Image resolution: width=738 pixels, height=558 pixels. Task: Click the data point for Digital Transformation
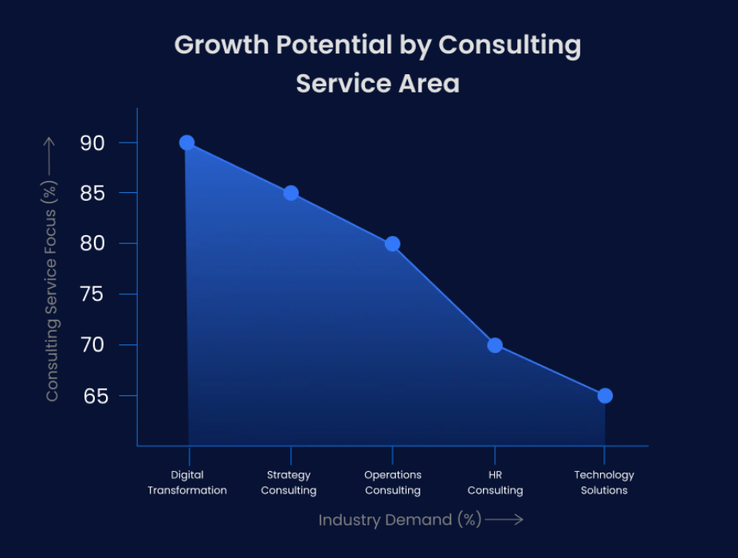tap(186, 143)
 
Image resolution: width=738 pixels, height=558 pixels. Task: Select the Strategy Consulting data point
tap(291, 193)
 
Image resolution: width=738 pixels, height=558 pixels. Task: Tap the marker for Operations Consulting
tap(392, 244)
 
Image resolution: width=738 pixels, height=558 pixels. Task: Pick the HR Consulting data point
tap(495, 345)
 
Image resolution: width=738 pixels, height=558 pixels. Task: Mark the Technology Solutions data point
tap(605, 395)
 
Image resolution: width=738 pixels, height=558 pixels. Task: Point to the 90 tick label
tap(92, 143)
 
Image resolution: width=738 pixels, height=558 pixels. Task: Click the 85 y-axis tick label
tap(92, 194)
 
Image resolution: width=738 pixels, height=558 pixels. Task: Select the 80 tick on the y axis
tap(92, 244)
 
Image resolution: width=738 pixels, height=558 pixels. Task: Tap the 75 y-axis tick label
tap(92, 294)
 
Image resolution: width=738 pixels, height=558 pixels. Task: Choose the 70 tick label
tap(92, 345)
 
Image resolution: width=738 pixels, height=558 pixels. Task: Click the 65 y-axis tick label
tap(92, 395)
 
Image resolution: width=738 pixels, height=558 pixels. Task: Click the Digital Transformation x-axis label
tap(187, 482)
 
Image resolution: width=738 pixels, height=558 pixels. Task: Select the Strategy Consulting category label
tap(289, 482)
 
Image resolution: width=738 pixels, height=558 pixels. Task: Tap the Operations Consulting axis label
tap(393, 482)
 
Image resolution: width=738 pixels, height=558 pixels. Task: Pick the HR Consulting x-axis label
tap(495, 482)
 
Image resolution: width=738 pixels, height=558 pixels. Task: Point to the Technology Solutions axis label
tap(604, 482)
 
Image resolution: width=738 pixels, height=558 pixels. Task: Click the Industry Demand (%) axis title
tap(400, 520)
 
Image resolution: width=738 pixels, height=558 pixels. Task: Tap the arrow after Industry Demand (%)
tap(504, 520)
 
